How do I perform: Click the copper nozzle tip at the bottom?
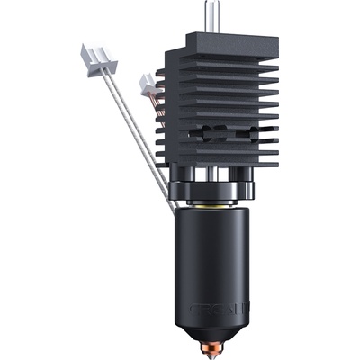coord(217,345)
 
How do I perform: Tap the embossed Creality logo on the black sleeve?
coord(217,306)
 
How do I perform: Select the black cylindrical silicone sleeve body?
coord(217,261)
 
